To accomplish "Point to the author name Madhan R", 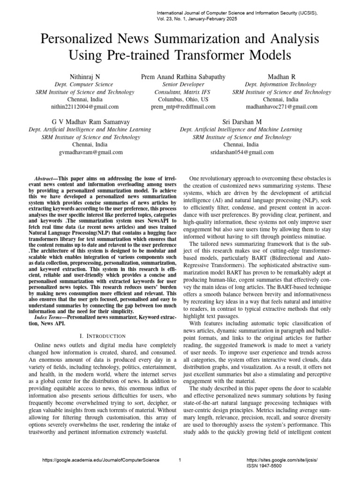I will point(280,76).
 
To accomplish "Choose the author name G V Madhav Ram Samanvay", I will point(91,122).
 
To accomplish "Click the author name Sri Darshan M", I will point(241,122).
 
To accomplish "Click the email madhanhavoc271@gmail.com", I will point(280,107).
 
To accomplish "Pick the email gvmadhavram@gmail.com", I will point(91,152).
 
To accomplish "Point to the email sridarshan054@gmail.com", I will point(241,152).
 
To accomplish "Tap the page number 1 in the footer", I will point(180,460).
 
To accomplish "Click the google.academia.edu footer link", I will point(100,460).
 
